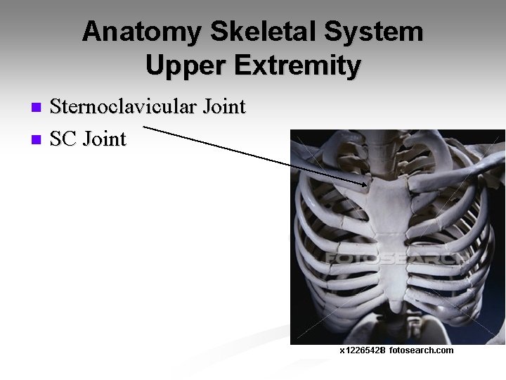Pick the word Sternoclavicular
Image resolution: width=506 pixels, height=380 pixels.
pyautogui.click(x=124, y=108)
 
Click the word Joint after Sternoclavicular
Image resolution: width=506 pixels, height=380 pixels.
pyautogui.click(x=223, y=108)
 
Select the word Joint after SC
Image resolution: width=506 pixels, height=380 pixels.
pyautogui.click(x=105, y=139)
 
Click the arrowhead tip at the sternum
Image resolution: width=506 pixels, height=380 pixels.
pyautogui.click(x=369, y=186)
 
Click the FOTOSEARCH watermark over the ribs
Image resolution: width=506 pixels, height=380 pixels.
pyautogui.click(x=394, y=258)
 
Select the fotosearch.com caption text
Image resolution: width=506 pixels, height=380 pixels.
pyautogui.click(x=421, y=350)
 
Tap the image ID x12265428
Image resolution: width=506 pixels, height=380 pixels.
pyautogui.click(x=363, y=350)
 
